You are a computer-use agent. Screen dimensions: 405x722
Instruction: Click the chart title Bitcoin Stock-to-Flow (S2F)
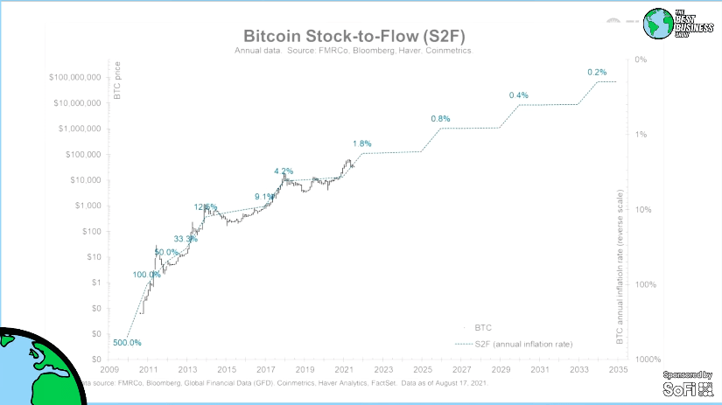[354, 37]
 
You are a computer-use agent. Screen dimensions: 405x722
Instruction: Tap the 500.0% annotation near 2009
[127, 342]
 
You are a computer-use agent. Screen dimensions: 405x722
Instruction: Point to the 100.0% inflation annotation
[146, 275]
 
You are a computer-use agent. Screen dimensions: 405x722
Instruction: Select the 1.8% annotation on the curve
[362, 143]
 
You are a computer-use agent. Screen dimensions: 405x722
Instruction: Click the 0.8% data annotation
[440, 119]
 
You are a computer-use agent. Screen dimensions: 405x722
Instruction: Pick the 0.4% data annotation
[519, 95]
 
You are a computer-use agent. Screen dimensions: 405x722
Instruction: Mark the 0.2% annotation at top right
[597, 72]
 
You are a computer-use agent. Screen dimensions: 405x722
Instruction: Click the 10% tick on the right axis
[641, 210]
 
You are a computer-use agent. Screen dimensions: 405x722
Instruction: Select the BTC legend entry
[482, 327]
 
